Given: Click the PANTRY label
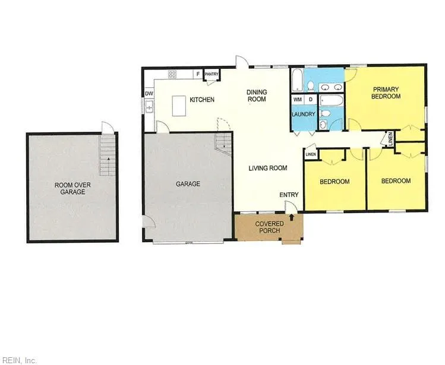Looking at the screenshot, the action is (x=212, y=74).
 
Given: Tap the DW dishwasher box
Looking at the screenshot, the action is (x=149, y=93).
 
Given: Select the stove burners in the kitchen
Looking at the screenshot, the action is (x=172, y=74).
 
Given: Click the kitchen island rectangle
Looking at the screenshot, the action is (x=179, y=106).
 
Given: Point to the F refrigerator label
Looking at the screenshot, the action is (x=198, y=74).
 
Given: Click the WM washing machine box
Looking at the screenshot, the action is (x=298, y=100).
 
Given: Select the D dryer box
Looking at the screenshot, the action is (x=311, y=100).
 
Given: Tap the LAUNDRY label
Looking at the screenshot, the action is (x=304, y=114).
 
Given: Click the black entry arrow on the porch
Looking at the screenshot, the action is (x=291, y=217).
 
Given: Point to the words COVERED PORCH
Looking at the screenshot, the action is (x=270, y=227).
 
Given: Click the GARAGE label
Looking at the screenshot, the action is (x=188, y=184).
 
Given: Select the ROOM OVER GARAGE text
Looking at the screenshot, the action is (x=72, y=188).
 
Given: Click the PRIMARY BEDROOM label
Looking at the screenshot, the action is (x=386, y=93).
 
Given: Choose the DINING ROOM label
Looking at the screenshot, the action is (x=257, y=96).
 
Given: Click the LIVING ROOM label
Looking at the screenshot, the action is (x=268, y=168).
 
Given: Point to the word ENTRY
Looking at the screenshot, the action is (x=289, y=195).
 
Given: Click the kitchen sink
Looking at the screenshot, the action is (x=149, y=107).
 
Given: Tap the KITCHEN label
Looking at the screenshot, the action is (x=202, y=100).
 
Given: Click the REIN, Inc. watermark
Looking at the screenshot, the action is (x=18, y=360).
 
